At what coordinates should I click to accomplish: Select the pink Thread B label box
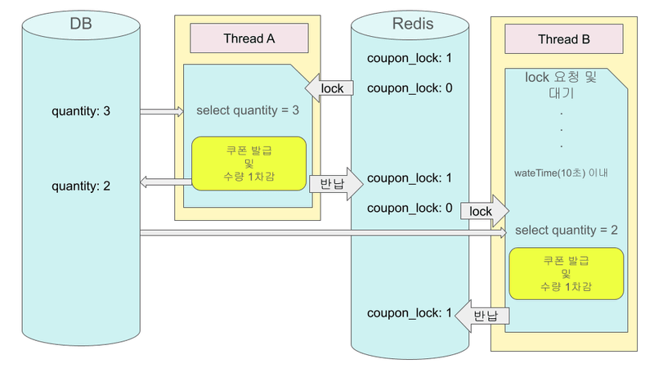pos(564,39)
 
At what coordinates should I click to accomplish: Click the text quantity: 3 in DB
pos(81,110)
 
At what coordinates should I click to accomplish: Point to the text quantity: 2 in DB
pos(81,186)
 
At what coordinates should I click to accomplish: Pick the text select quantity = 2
pos(566,230)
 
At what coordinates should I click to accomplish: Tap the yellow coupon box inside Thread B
pos(566,275)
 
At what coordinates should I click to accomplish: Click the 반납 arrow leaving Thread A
pos(335,184)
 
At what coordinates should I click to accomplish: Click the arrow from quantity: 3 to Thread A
pos(162,111)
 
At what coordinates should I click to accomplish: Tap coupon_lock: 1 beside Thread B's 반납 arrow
pos(410,313)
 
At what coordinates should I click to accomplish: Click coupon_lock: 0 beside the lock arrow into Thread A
pos(410,88)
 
